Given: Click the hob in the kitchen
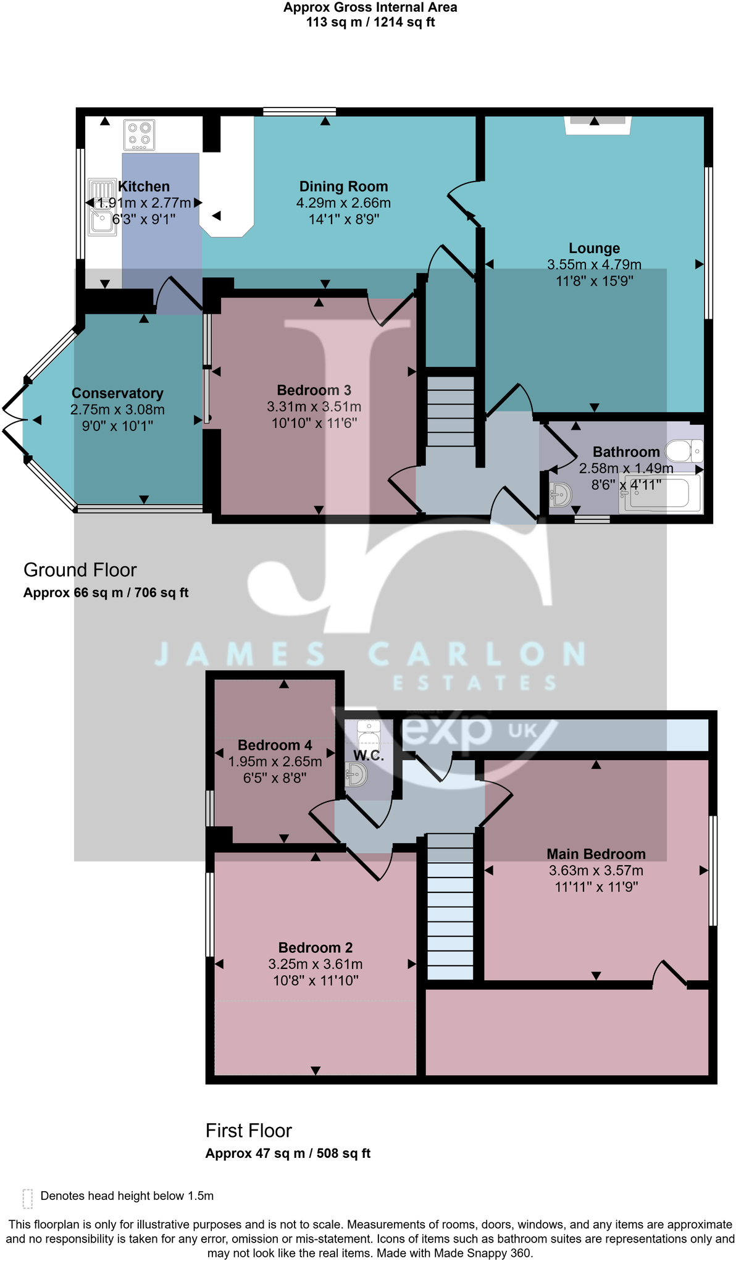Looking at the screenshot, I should pos(139,135).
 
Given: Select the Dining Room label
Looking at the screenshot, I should pos(343,186).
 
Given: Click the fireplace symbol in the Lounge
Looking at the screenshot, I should pos(597,125).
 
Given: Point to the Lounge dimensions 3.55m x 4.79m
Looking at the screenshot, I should pos(594,265).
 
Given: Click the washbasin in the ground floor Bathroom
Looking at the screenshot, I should pos(560,495).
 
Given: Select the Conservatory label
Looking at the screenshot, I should pos(117,393).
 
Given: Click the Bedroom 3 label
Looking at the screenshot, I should pos(314,390).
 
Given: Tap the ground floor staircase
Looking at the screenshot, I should pos(451,411).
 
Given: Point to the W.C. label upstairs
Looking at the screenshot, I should pos(369,755).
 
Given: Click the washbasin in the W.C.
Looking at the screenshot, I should pos(357,774).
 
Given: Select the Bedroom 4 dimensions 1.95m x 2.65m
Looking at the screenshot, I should pos(275,762).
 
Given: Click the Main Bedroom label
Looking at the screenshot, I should pos(596,854).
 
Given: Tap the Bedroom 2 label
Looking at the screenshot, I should pos(315,948).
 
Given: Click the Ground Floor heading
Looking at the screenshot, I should pos(80,570).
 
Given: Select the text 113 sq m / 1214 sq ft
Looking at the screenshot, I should pos(370,22).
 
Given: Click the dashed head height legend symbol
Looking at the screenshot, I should pos(27,1198).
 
